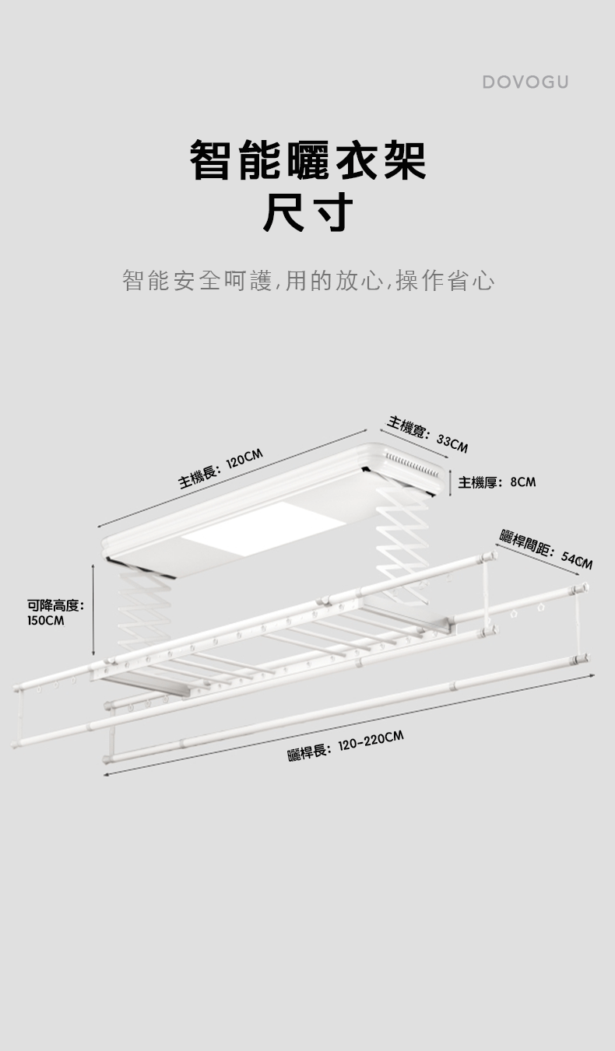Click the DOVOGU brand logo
525,82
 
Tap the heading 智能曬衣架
308,160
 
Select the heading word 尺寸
308,212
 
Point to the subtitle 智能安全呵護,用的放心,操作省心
308,280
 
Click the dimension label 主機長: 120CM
221,469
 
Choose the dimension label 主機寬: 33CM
427,434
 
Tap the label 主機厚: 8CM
497,482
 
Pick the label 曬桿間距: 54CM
546,547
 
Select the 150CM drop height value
46,621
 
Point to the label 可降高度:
55,604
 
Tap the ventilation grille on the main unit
412,466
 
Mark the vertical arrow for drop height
93,611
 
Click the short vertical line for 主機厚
452,483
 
